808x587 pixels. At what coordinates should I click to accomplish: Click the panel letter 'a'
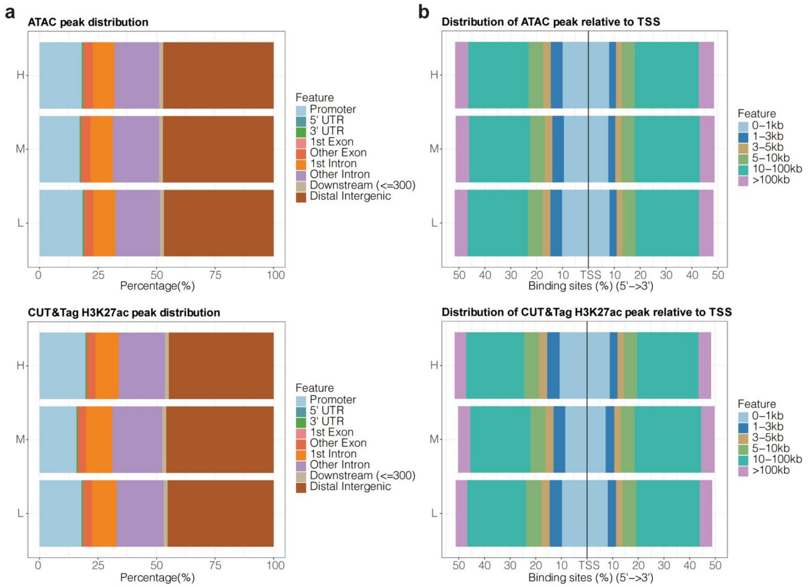10,13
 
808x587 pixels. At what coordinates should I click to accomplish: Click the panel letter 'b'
424,12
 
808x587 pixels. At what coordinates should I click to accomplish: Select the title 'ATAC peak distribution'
88,22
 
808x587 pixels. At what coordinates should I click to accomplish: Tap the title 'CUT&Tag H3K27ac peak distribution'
124,312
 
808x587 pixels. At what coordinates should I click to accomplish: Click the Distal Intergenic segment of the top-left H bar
218,75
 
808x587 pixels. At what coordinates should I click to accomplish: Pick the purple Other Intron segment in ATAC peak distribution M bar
136,149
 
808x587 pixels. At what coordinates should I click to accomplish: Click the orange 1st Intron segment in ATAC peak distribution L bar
104,223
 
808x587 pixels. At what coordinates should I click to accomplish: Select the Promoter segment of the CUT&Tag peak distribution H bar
62,365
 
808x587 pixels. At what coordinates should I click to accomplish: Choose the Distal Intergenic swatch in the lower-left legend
301,488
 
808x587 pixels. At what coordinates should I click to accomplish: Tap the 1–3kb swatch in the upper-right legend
743,137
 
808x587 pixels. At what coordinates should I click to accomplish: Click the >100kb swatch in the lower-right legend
743,471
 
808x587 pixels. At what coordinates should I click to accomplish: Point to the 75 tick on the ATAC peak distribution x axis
215,275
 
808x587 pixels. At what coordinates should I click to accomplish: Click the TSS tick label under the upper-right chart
590,275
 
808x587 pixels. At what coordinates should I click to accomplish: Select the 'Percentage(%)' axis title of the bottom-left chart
157,577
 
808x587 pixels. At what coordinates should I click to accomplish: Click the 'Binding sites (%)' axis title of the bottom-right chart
590,577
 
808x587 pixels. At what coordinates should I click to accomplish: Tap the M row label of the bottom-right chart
434,439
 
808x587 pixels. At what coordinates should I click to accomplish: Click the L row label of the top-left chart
20,223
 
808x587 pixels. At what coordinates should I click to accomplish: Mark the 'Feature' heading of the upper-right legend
756,113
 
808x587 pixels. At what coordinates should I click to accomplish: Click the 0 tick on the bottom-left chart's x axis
38,565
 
